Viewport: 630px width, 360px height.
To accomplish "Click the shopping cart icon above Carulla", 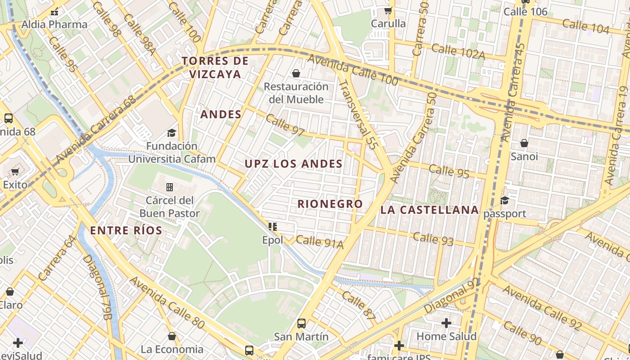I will point(388,10).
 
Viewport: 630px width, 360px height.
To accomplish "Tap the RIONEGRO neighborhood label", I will point(330,204).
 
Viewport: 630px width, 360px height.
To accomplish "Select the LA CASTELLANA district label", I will point(429,210).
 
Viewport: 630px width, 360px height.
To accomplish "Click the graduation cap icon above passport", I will point(504,200).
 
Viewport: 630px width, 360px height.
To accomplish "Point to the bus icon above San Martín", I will point(301,323).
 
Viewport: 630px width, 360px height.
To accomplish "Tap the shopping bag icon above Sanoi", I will point(524,143).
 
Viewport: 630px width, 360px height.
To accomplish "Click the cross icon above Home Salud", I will point(446,323).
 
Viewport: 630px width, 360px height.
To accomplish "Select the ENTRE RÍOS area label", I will point(126,231).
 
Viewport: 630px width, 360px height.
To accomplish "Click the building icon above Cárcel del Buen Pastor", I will point(170,187).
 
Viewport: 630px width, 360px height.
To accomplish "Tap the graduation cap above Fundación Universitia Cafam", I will point(171,132).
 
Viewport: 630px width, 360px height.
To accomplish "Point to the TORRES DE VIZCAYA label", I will point(215,67).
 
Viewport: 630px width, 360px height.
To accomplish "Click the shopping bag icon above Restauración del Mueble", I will point(296,73).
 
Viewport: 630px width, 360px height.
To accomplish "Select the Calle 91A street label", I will point(319,242).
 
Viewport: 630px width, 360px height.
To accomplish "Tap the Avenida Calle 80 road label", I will point(167,302).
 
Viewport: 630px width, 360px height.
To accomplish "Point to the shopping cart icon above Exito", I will point(15,171).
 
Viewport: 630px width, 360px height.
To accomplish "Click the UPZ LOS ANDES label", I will point(293,164).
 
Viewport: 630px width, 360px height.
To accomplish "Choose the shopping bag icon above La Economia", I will point(171,336).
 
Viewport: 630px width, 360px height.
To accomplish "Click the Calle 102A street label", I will point(458,51).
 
